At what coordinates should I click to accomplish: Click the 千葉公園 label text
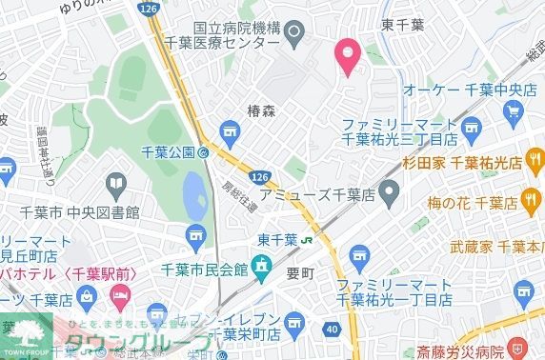click(169, 151)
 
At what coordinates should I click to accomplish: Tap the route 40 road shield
click(331, 329)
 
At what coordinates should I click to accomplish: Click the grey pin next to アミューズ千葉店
click(388, 195)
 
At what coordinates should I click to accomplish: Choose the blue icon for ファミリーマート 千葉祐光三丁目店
click(469, 126)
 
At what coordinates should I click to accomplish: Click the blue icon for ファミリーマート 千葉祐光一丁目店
click(358, 254)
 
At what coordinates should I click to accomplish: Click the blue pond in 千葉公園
click(192, 198)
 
